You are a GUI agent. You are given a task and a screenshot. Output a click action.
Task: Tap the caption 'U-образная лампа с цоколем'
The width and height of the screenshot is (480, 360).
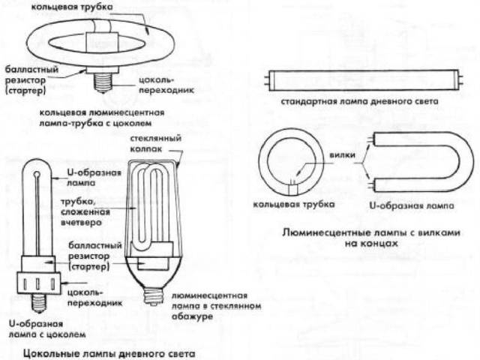point(46,328)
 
